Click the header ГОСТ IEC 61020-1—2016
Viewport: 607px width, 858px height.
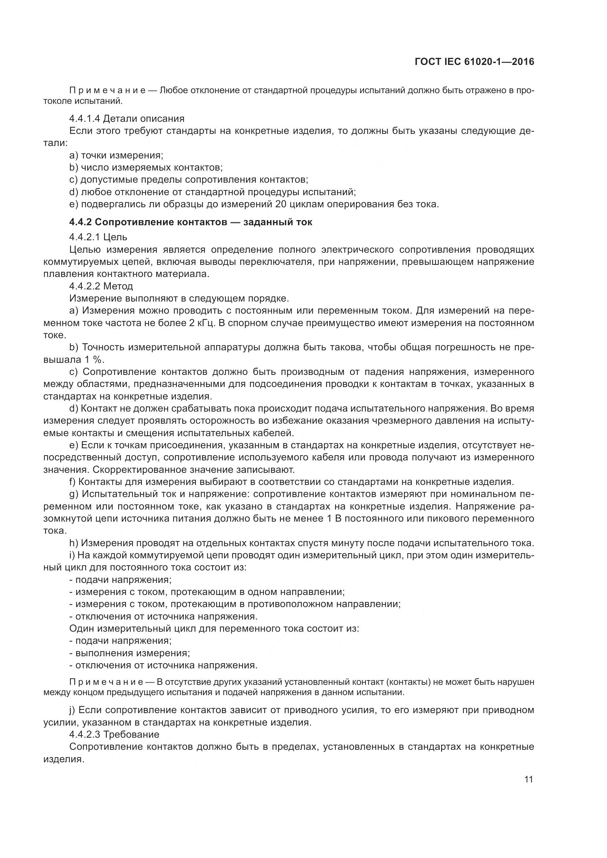coord(474,62)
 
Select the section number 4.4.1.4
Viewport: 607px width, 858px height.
coord(85,119)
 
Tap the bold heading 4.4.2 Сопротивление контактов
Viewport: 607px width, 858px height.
coord(190,222)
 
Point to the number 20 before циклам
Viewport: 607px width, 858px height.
coord(281,204)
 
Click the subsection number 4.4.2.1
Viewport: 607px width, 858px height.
coord(85,237)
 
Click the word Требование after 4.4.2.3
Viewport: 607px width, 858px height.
coord(131,734)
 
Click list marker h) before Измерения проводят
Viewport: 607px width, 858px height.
coord(74,543)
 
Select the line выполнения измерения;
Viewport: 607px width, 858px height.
coord(133,653)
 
